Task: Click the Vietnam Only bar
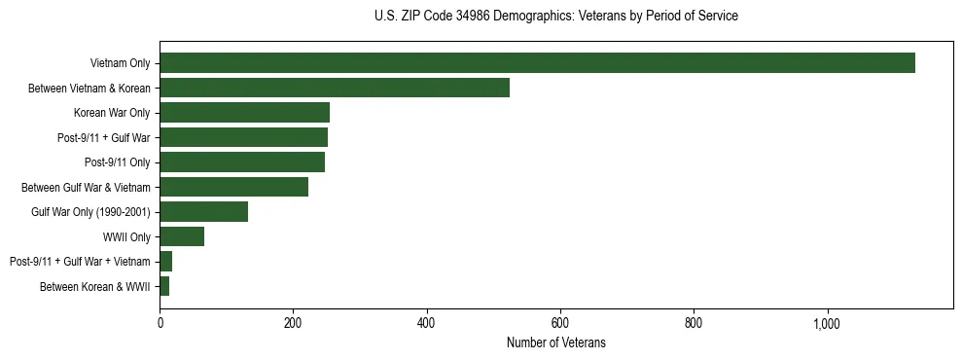click(x=537, y=63)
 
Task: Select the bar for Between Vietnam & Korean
click(x=335, y=88)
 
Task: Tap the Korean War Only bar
click(x=244, y=113)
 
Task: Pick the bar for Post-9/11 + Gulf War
click(x=243, y=137)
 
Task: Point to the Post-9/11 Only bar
click(x=242, y=162)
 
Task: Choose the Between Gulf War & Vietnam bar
click(x=233, y=187)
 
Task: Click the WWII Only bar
click(x=182, y=236)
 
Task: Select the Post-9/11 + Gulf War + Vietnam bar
click(x=166, y=262)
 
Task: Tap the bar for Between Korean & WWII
click(x=164, y=286)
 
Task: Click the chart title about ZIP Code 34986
click(x=555, y=17)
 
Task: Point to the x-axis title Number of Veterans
click(x=555, y=342)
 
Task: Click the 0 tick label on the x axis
click(x=160, y=322)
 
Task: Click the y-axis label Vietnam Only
click(x=120, y=63)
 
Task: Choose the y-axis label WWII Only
click(x=126, y=236)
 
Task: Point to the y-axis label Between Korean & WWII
click(x=95, y=286)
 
